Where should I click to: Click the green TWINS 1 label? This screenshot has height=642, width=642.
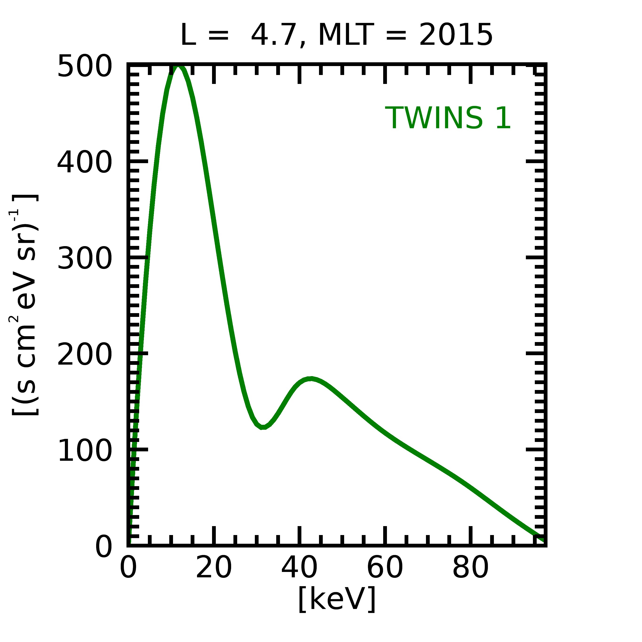(448, 118)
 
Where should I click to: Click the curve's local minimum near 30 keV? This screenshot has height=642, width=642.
(263, 427)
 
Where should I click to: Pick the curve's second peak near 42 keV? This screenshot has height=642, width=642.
(311, 379)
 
